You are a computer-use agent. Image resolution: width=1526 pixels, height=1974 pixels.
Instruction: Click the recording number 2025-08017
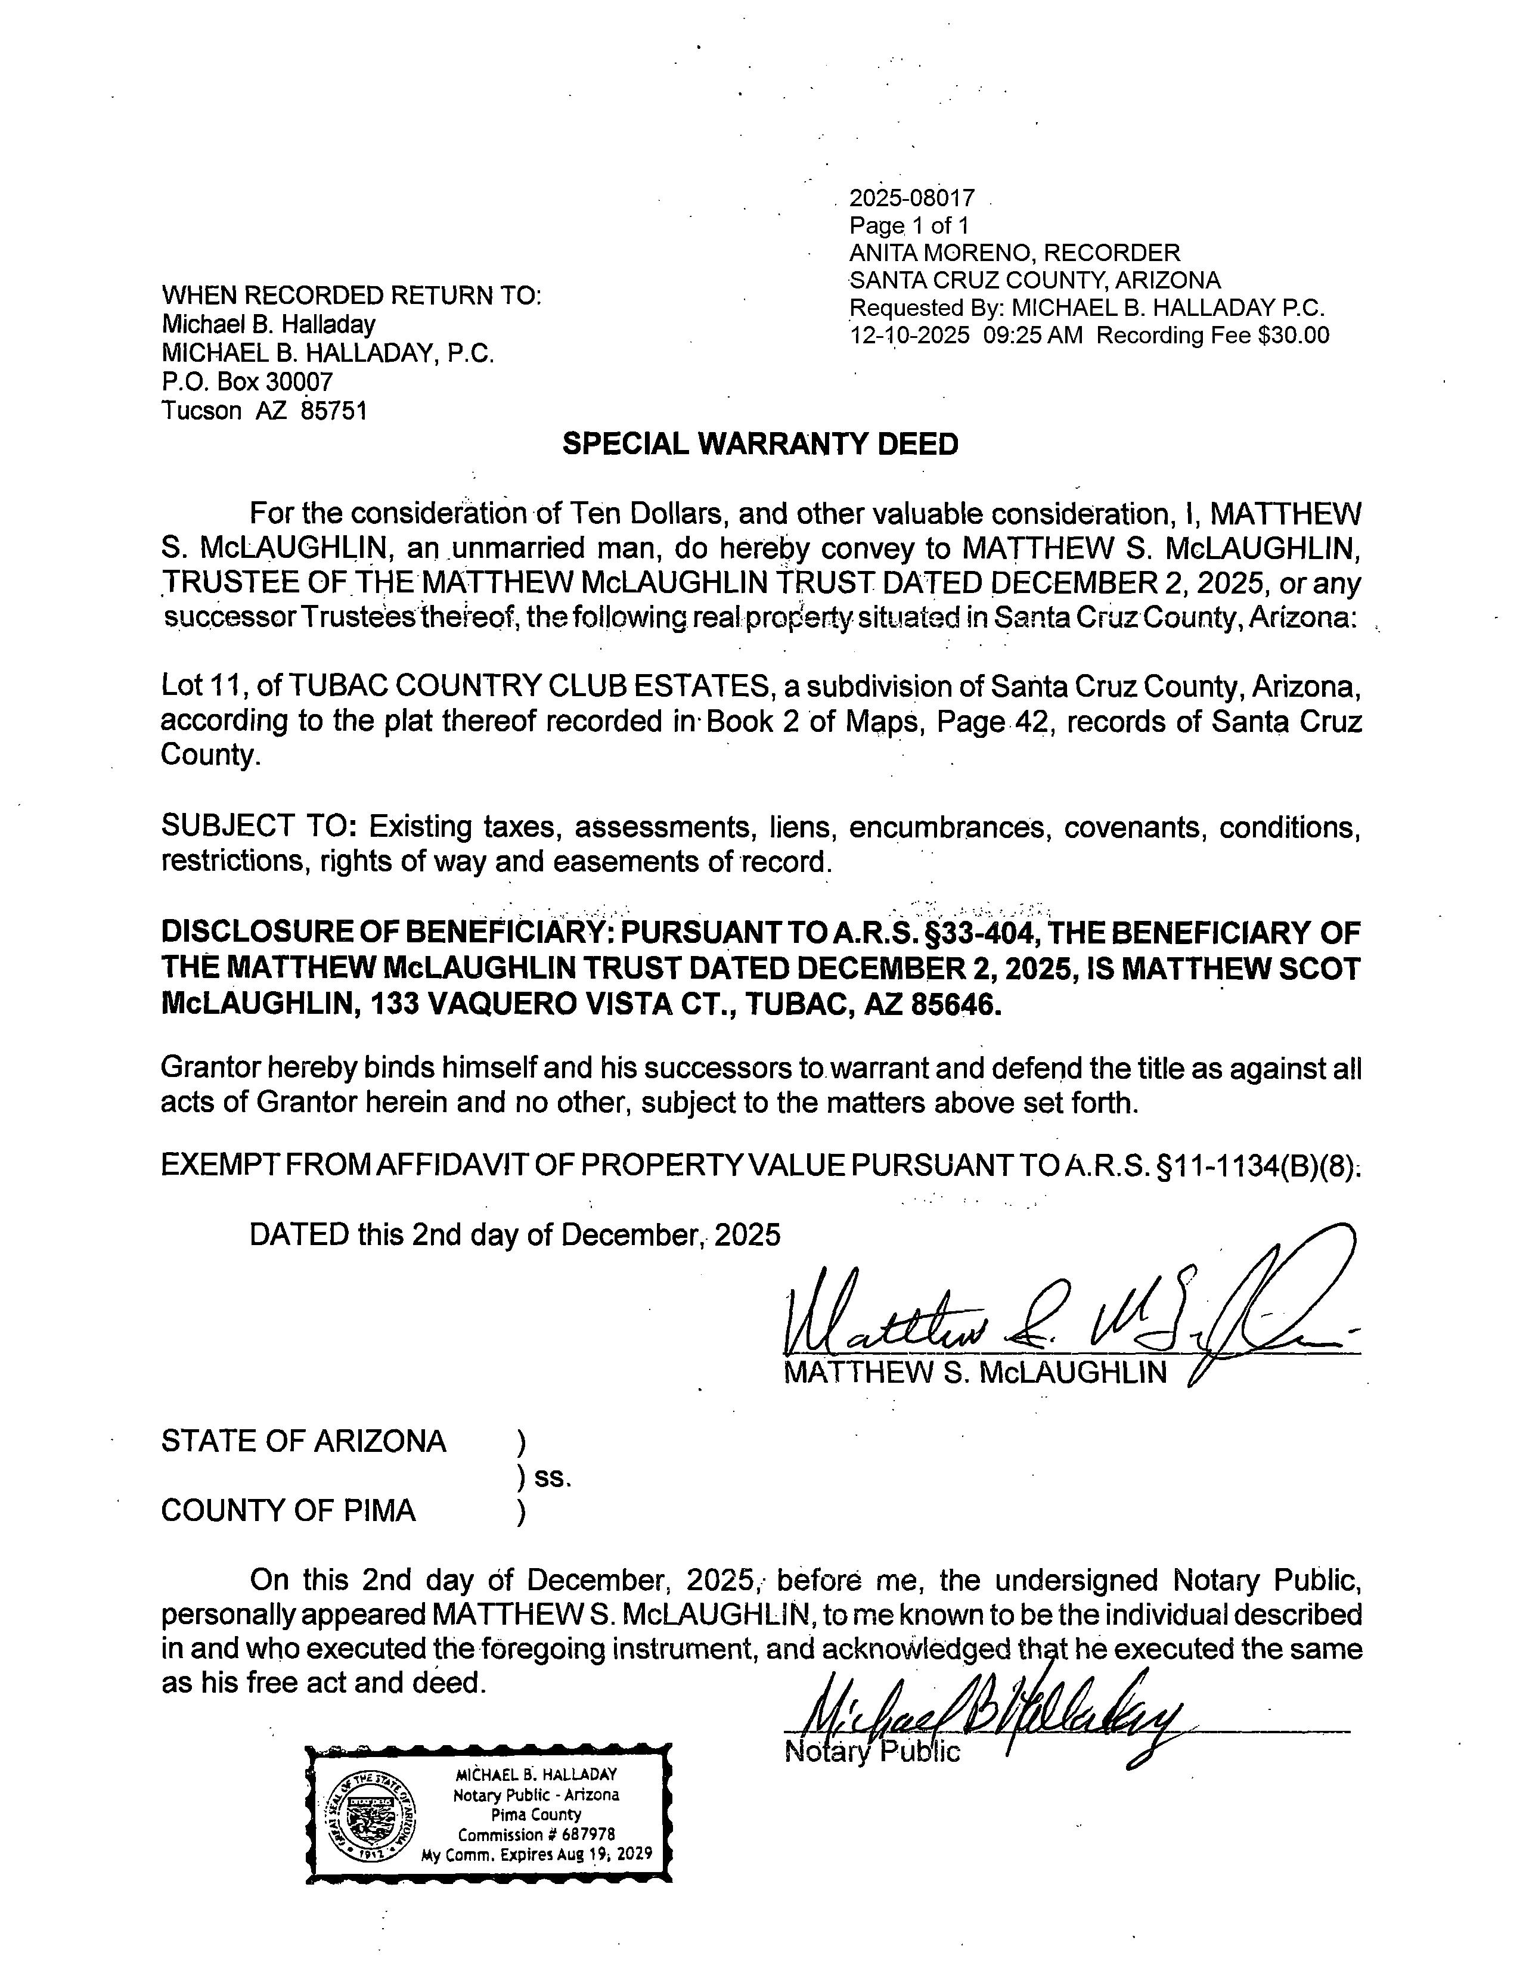[911, 198]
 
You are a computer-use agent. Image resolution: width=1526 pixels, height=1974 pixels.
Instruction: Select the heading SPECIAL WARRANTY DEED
[760, 444]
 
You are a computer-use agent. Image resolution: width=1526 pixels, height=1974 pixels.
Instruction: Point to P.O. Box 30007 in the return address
[247, 381]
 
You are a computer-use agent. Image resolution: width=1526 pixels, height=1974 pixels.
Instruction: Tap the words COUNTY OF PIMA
[289, 1510]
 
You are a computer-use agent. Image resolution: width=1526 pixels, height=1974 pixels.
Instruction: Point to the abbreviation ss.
[553, 1477]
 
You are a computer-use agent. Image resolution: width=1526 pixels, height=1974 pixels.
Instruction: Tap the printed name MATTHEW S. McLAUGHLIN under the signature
[975, 1373]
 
